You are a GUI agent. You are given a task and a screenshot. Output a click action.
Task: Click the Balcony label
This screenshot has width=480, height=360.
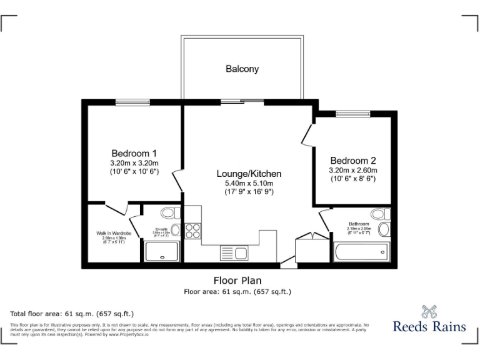(242, 69)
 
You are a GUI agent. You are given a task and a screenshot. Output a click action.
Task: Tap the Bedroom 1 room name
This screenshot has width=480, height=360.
(134, 153)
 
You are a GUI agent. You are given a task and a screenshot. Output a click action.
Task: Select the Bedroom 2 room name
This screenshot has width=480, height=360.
(353, 159)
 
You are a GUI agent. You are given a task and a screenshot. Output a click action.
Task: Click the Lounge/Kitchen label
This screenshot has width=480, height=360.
(249, 173)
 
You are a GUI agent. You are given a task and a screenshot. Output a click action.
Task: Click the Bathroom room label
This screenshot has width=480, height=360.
(359, 224)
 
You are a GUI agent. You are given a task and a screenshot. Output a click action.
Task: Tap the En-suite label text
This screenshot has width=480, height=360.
(161, 229)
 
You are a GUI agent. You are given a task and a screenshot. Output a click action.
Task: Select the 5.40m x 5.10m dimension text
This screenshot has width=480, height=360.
(249, 183)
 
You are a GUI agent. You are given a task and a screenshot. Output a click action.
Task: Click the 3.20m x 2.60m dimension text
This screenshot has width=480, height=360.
(353, 169)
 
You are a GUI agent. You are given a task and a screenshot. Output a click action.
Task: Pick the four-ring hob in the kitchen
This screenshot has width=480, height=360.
(193, 230)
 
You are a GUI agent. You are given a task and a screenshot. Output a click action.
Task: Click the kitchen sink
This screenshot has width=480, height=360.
(234, 253)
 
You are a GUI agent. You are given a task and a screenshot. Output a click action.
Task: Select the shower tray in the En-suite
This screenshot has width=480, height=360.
(161, 251)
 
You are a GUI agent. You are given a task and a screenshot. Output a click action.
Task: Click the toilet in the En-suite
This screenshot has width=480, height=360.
(170, 212)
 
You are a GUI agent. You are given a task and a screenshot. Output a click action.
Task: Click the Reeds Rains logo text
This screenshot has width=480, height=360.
(429, 326)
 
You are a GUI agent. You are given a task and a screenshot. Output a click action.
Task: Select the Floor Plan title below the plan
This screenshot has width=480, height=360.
(237, 281)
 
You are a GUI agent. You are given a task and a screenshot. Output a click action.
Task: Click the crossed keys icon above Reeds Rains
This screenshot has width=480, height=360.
(429, 310)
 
